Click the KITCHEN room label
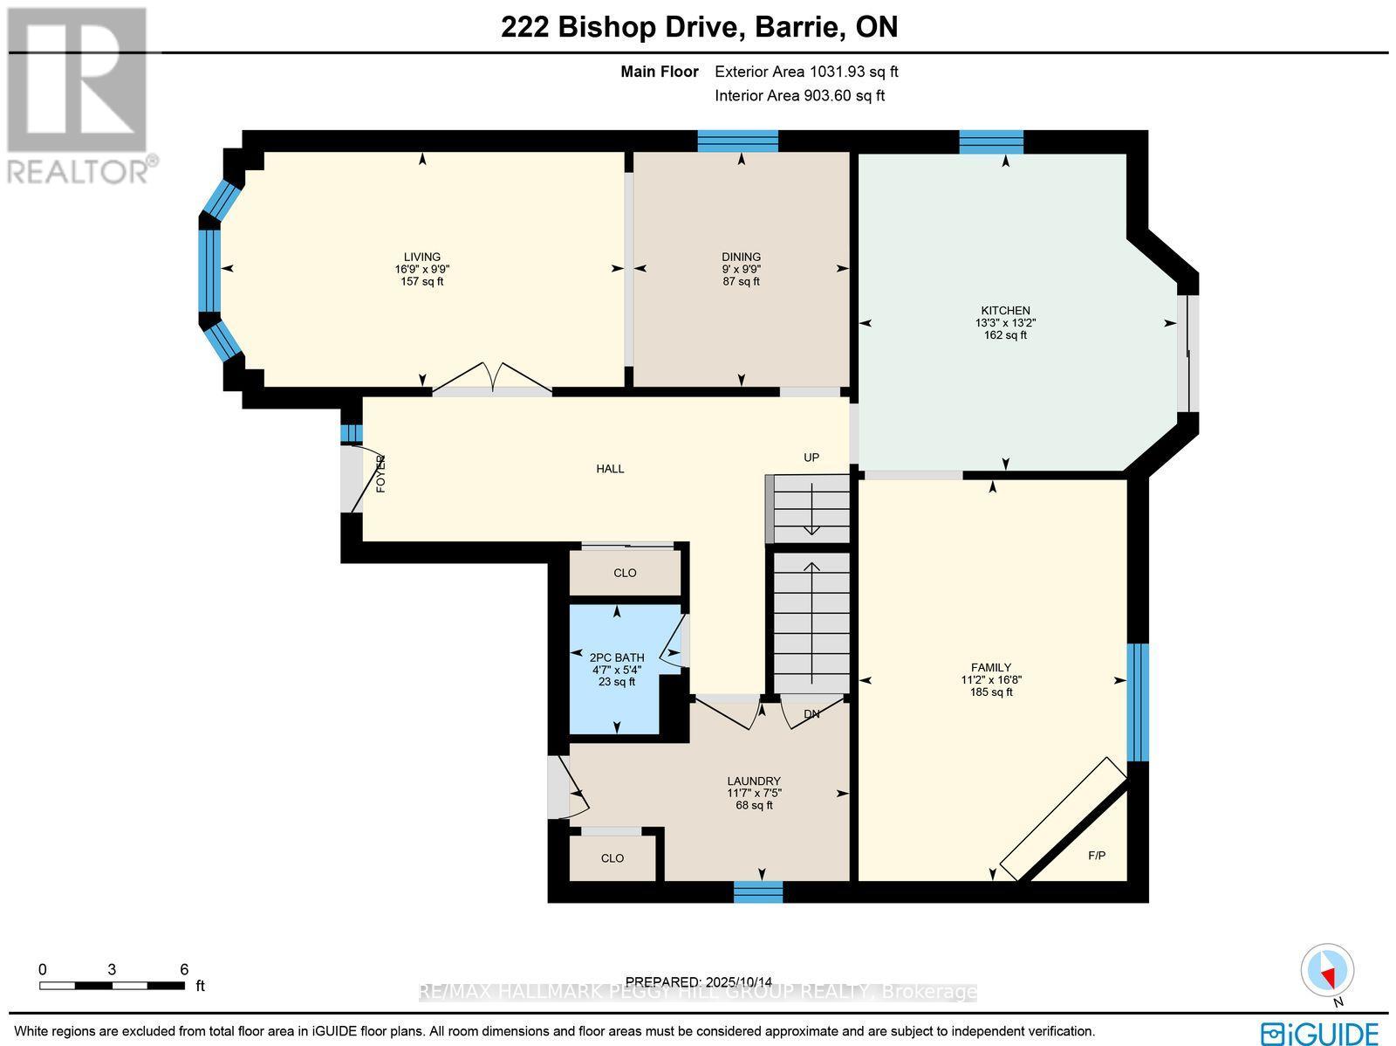point(1005,310)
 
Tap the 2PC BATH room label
point(617,657)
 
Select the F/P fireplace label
point(1097,856)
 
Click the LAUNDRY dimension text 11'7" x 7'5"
point(754,793)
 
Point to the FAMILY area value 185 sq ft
point(991,692)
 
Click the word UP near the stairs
point(811,458)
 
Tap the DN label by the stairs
point(811,714)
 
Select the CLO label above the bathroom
point(625,573)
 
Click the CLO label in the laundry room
point(612,858)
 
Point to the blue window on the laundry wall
point(757,891)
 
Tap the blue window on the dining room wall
point(737,141)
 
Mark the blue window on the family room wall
point(1137,702)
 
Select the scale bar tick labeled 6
point(184,969)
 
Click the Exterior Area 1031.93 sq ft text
point(806,72)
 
